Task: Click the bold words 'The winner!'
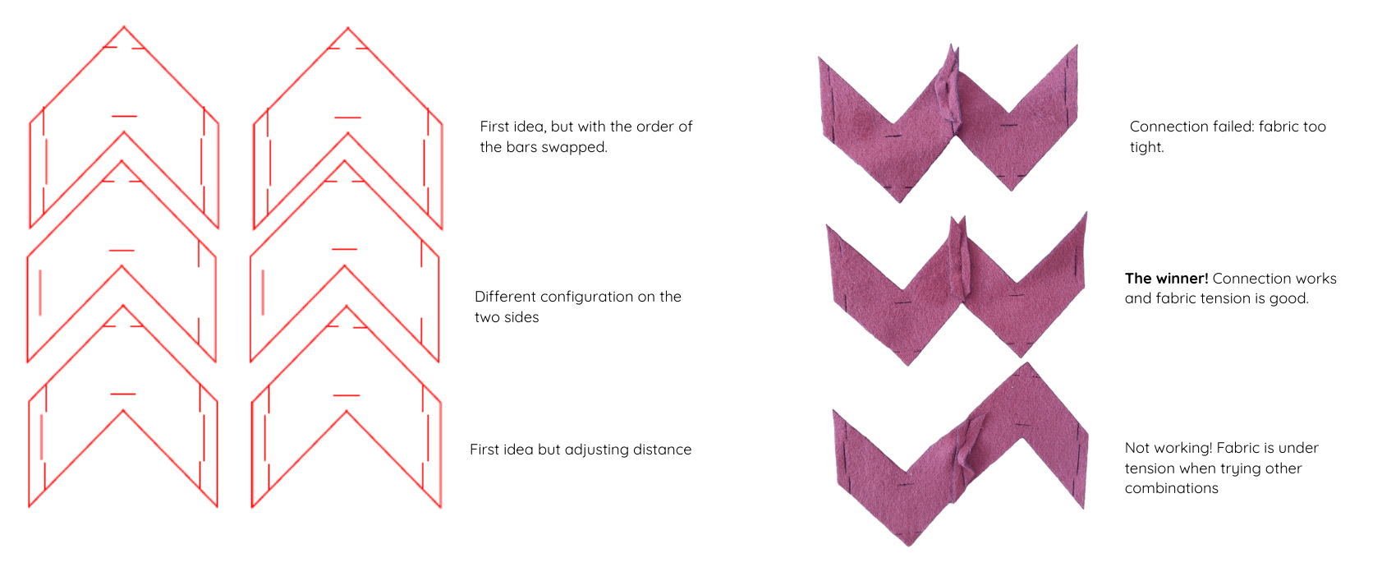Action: coord(1166,279)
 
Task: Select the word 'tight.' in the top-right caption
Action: coord(1147,148)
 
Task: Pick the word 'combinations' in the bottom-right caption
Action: coord(1171,489)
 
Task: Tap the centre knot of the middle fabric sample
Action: coord(958,260)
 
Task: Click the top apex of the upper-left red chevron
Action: coord(124,26)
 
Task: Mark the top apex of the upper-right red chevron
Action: coord(347,28)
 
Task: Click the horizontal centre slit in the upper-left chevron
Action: coord(124,116)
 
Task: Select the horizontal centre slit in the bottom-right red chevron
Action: coord(347,395)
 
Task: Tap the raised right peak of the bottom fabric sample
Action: coord(1027,364)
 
